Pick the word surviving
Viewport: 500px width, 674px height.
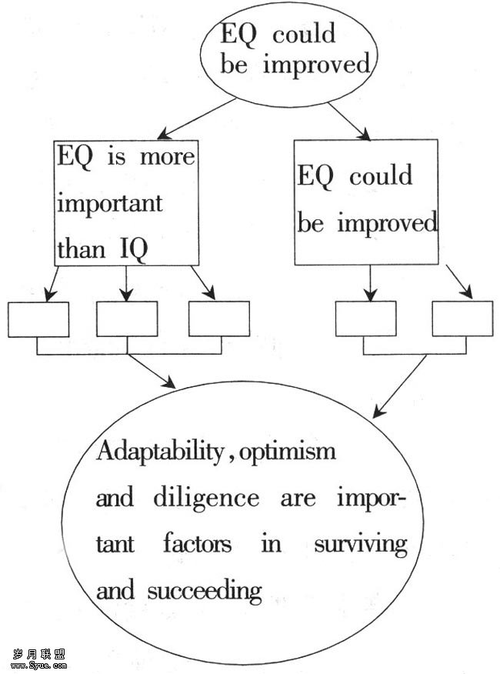360,545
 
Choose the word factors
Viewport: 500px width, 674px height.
197,545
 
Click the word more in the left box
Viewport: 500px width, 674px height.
168,157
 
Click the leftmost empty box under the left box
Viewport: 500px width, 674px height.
38,319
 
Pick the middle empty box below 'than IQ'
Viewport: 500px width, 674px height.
127,319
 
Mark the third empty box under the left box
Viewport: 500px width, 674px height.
219,319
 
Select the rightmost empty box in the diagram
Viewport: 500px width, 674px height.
462,319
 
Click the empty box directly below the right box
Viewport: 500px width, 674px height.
366,319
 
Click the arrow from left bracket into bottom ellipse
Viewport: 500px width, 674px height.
151,371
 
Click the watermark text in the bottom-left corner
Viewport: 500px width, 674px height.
38,659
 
